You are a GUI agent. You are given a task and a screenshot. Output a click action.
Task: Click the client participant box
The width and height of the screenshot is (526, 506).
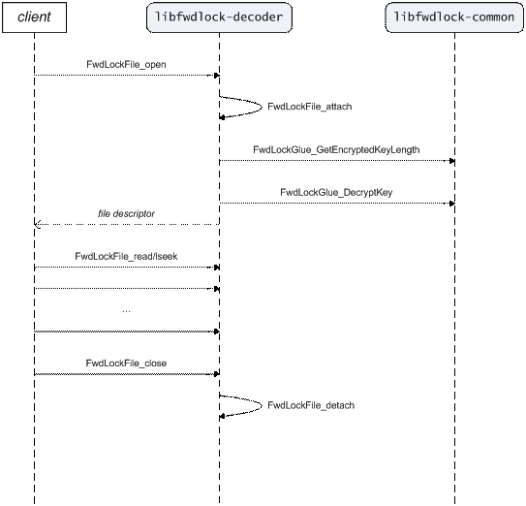(x=34, y=17)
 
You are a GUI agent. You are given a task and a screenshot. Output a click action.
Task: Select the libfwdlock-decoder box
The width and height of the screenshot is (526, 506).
(x=219, y=17)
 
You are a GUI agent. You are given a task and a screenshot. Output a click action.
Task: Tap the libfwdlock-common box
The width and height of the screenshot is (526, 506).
(x=454, y=17)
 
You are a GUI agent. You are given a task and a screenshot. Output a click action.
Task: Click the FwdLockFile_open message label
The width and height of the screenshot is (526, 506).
(x=126, y=64)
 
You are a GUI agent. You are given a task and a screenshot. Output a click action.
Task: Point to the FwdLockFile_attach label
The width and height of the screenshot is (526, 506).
(x=310, y=107)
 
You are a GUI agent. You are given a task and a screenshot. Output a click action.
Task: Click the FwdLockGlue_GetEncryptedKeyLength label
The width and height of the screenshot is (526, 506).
(x=336, y=149)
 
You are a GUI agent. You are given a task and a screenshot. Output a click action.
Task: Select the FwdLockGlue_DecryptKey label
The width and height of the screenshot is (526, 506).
(x=336, y=192)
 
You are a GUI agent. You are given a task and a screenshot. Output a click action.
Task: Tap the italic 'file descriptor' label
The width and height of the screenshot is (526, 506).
(x=126, y=213)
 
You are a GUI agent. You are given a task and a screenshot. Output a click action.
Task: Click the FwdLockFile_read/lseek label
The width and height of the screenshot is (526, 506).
(x=126, y=256)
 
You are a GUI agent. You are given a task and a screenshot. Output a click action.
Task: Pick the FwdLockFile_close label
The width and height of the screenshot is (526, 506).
(x=126, y=363)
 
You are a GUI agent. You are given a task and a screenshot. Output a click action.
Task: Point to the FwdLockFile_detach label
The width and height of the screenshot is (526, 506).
(x=311, y=405)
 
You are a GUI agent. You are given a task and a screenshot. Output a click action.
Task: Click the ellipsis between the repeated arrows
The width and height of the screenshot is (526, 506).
(x=126, y=311)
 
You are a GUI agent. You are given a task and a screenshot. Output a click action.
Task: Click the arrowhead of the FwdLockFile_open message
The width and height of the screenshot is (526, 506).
(x=217, y=76)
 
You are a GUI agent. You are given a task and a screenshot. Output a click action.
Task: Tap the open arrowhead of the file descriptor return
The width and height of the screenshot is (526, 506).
(x=37, y=224)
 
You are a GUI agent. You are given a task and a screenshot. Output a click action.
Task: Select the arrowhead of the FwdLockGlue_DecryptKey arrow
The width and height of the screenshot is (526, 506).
(x=452, y=204)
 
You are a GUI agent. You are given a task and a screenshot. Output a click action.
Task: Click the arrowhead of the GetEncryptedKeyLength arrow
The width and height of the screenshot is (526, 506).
(x=452, y=161)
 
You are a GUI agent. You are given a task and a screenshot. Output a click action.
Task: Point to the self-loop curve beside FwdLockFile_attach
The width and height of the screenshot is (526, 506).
(x=262, y=107)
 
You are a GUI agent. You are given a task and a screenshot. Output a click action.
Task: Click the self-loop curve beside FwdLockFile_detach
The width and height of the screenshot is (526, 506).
(x=262, y=405)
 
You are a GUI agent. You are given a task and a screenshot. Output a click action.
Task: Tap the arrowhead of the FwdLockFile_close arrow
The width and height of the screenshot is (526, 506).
(x=217, y=374)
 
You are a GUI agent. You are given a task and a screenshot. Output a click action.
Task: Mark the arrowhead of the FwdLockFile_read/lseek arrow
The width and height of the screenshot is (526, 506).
(x=217, y=268)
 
